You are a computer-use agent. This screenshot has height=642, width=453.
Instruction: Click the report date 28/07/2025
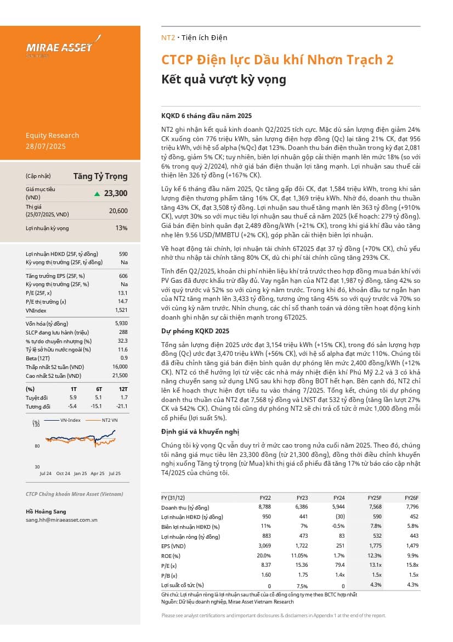[x=46, y=146]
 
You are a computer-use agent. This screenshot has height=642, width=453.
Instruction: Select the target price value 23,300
[x=115, y=193]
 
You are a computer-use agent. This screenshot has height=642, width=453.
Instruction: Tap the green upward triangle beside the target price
[x=97, y=193]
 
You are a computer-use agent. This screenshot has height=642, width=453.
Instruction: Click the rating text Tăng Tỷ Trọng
[x=100, y=176]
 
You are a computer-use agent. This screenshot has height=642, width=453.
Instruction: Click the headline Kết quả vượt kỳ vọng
[x=223, y=79]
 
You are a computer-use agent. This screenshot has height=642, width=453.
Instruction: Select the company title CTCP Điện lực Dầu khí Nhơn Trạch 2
[x=277, y=60]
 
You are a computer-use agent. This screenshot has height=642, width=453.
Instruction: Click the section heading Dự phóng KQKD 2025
[x=195, y=331]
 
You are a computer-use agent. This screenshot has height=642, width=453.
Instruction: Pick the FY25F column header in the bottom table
[x=375, y=497]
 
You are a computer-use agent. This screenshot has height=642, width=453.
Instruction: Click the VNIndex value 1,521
[x=120, y=310]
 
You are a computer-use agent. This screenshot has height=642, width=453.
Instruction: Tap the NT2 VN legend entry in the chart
[x=110, y=420]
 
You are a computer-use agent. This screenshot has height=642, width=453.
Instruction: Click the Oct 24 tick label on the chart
[x=63, y=473]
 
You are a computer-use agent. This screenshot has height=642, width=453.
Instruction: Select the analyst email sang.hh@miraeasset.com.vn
[x=61, y=520]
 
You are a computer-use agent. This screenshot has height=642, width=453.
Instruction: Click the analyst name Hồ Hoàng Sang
[x=46, y=511]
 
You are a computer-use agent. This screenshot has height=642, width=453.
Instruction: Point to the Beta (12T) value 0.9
[x=124, y=358]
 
